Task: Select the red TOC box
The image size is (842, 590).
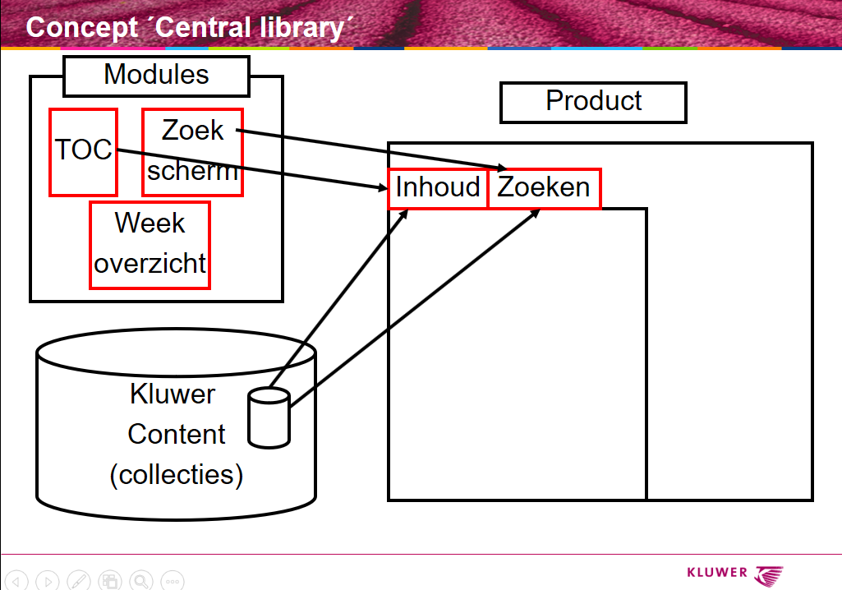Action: tap(83, 152)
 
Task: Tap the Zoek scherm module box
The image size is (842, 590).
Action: tap(192, 152)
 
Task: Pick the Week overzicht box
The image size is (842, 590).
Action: tap(150, 245)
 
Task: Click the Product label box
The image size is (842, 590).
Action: tap(593, 102)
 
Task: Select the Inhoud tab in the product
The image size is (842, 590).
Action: tap(438, 188)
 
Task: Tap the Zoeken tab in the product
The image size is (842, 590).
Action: tap(544, 188)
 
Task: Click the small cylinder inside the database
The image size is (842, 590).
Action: tap(269, 418)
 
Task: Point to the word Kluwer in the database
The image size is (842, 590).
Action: tap(172, 394)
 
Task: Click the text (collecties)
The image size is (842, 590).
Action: tap(177, 475)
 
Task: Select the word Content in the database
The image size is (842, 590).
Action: tap(177, 434)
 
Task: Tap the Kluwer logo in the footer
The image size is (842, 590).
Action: tap(735, 574)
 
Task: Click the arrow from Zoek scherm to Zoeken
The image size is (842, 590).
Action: tap(370, 149)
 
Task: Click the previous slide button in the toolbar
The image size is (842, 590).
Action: tap(17, 581)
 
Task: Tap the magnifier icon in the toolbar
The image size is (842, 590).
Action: tap(140, 581)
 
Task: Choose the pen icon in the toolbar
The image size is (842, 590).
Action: tap(79, 581)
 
